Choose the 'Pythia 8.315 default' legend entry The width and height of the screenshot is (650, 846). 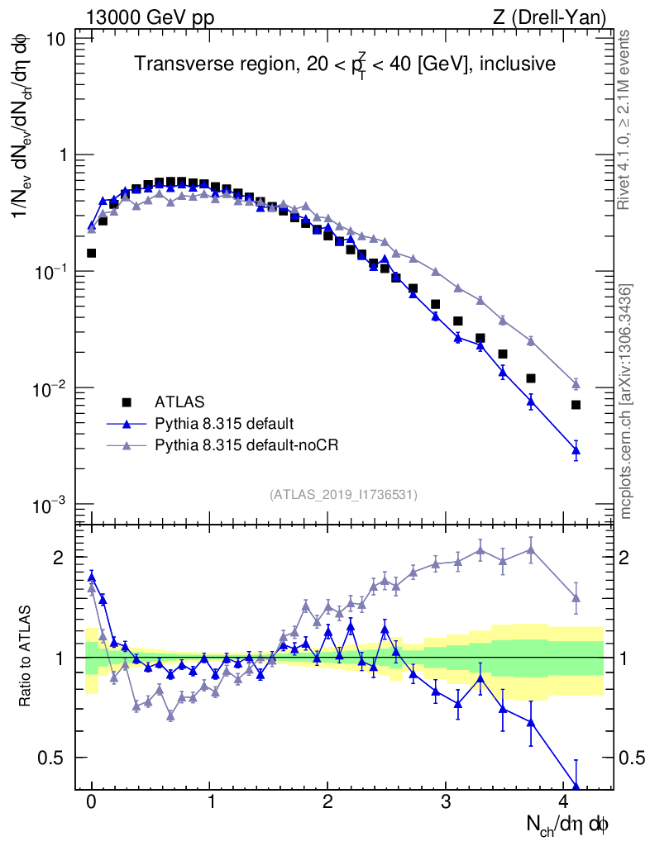pos(223,424)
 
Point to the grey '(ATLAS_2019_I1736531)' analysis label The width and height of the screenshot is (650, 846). pos(343,495)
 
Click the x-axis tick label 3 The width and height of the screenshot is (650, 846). pos(446,802)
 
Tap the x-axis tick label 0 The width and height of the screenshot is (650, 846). pos(92,802)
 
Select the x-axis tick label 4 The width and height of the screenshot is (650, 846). pos(564,802)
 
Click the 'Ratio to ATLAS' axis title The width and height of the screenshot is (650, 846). pos(26,657)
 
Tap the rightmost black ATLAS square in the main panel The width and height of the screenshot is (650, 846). pos(576,405)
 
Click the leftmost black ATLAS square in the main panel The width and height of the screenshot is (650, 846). pos(91,253)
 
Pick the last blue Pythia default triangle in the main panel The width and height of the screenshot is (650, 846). pos(576,450)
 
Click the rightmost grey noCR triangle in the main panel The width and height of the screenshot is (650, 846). pos(576,383)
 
